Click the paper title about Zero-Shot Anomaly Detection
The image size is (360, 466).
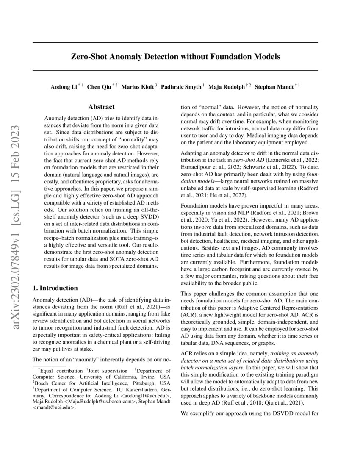(x=175, y=56)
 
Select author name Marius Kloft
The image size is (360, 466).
(x=138, y=87)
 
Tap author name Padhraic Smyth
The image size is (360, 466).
(x=181, y=87)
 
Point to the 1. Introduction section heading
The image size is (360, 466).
(x=55, y=288)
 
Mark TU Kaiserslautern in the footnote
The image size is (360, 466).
(x=136, y=387)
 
